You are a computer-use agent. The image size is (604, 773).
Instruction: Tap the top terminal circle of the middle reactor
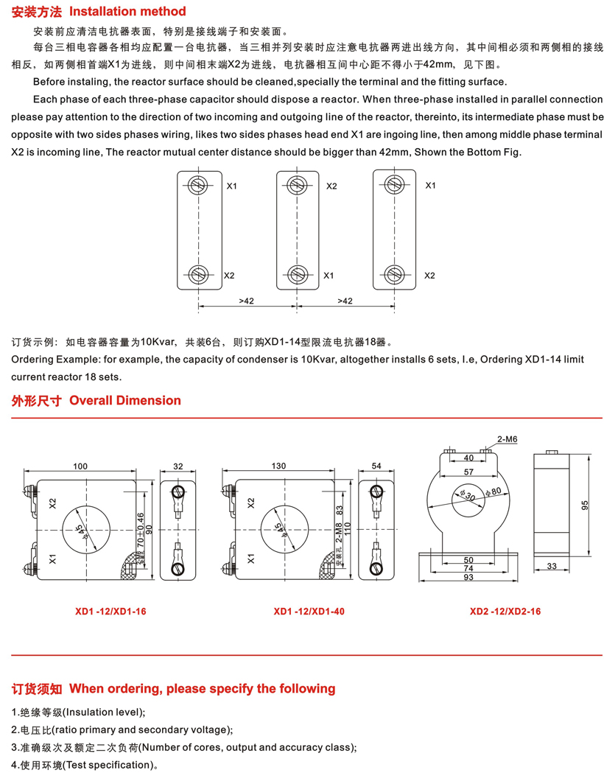(296, 184)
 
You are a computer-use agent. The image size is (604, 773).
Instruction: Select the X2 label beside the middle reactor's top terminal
(331, 186)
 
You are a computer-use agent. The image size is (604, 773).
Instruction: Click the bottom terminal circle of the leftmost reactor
(198, 274)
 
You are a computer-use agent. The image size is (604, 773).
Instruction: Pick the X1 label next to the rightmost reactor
(430, 186)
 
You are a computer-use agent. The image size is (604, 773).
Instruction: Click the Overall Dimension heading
(124, 401)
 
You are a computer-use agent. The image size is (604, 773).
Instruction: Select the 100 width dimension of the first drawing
(80, 466)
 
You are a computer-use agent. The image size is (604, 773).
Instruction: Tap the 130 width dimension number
(279, 466)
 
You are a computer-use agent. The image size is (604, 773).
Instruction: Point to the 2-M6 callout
(508, 439)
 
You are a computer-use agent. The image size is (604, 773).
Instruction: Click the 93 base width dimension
(469, 577)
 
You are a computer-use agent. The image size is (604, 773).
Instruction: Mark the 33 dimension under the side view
(552, 567)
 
